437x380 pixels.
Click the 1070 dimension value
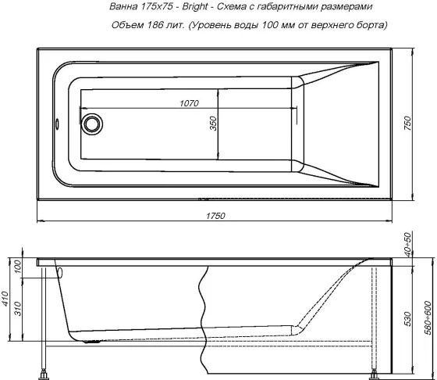190,103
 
